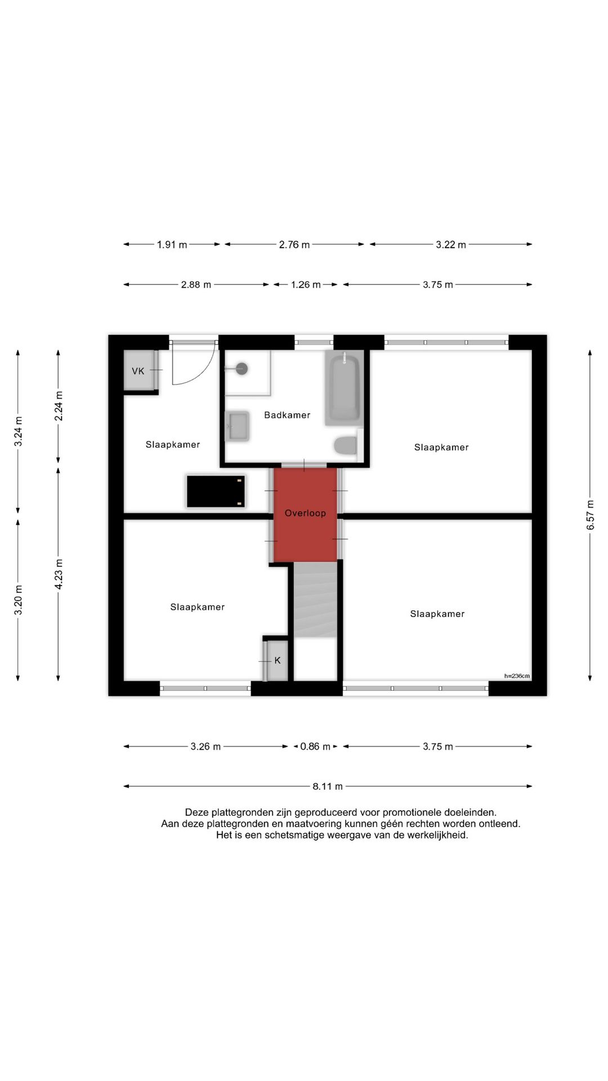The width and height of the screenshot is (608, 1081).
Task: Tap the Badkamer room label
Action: point(287,415)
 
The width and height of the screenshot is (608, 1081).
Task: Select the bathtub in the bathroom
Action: point(344,387)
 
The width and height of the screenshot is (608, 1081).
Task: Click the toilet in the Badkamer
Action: point(345,445)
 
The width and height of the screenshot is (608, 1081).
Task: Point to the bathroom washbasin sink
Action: point(237,426)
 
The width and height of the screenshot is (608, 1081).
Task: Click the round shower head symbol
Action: point(242,369)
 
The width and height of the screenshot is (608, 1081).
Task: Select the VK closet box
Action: point(138,370)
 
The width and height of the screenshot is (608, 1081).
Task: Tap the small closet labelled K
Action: point(277,660)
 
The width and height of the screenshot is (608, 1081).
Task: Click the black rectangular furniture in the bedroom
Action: point(216,492)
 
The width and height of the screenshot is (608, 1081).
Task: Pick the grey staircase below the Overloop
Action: point(315,600)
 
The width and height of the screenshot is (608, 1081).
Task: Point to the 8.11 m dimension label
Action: point(328,787)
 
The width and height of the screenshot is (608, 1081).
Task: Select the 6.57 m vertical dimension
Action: point(590,515)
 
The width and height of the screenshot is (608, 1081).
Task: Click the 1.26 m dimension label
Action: point(306,285)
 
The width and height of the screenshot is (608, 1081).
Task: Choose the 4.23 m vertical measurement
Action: point(59,574)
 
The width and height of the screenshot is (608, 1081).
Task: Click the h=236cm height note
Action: point(517,676)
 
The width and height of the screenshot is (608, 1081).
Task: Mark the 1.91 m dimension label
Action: point(172,245)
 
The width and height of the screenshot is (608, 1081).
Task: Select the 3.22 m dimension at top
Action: point(450,245)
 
